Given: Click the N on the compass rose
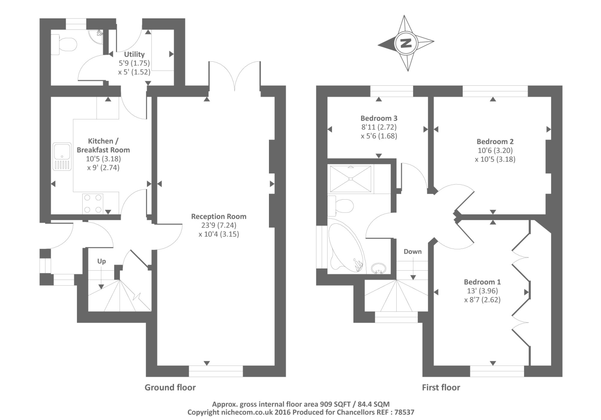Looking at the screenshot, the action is [406, 43].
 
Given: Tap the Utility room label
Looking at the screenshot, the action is [134, 54].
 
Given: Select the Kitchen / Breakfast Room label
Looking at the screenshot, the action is [103, 145].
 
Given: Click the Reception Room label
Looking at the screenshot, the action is [219, 216].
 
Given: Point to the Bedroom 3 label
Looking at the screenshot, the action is [379, 118].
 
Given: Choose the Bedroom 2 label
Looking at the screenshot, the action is [495, 141].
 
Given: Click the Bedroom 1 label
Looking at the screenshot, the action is [482, 282].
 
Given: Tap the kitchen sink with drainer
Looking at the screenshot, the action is [62, 156].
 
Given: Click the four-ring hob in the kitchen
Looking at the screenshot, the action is [93, 203].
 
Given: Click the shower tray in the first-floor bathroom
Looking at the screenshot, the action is [350, 179].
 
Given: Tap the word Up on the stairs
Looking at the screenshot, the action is [101, 261].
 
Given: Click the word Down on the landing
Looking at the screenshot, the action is [412, 252].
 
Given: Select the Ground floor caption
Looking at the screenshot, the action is [170, 387].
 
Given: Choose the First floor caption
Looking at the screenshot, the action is [441, 387].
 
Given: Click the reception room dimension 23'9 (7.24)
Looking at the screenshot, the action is [219, 225].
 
